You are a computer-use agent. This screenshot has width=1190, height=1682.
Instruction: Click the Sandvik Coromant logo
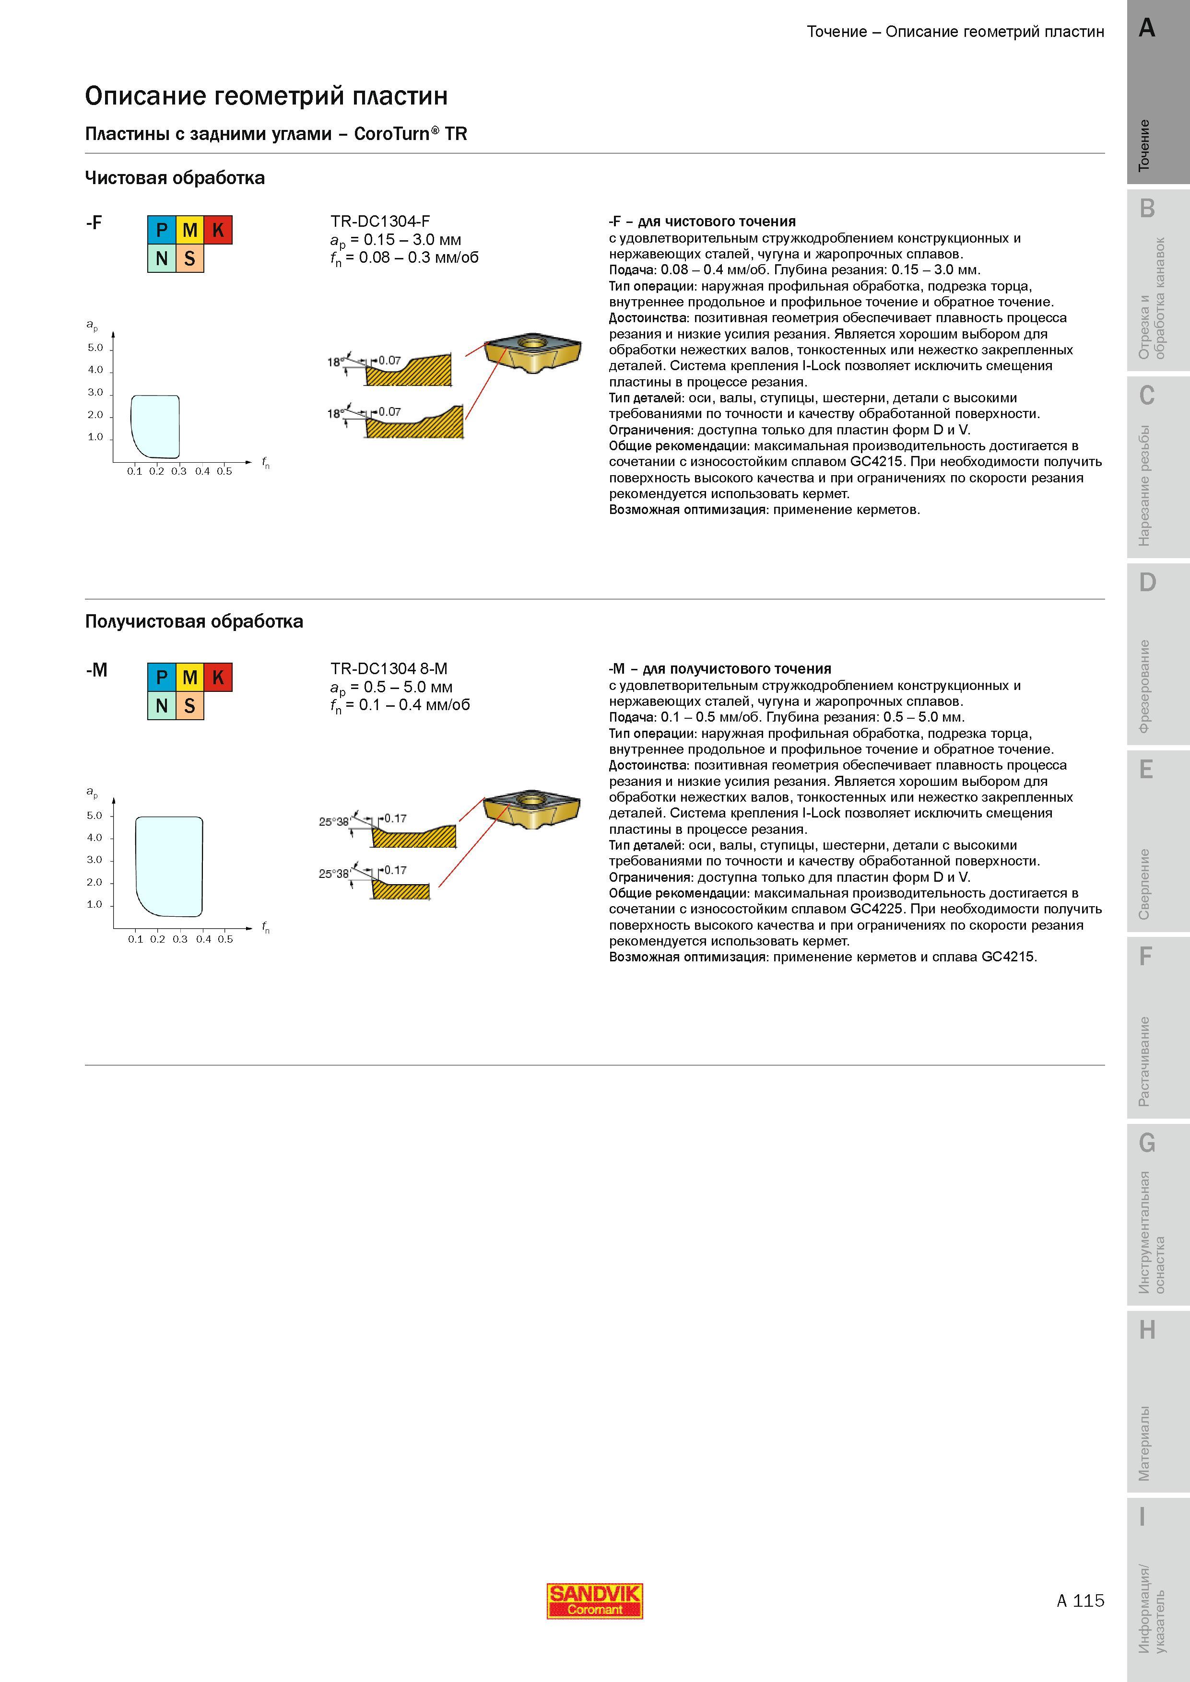594,1600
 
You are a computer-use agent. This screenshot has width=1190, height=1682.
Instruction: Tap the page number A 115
1080,1600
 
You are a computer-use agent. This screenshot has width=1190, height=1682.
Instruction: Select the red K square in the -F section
218,230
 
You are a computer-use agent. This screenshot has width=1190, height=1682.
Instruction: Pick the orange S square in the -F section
190,258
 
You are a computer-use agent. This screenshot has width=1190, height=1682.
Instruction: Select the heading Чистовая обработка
175,178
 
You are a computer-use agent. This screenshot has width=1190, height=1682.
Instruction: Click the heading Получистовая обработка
194,621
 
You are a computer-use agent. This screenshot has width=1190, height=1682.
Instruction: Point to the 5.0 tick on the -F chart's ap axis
96,348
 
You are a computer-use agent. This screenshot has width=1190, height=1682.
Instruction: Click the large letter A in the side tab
1147,28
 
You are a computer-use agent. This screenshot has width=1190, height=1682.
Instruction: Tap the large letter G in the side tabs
1147,1143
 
